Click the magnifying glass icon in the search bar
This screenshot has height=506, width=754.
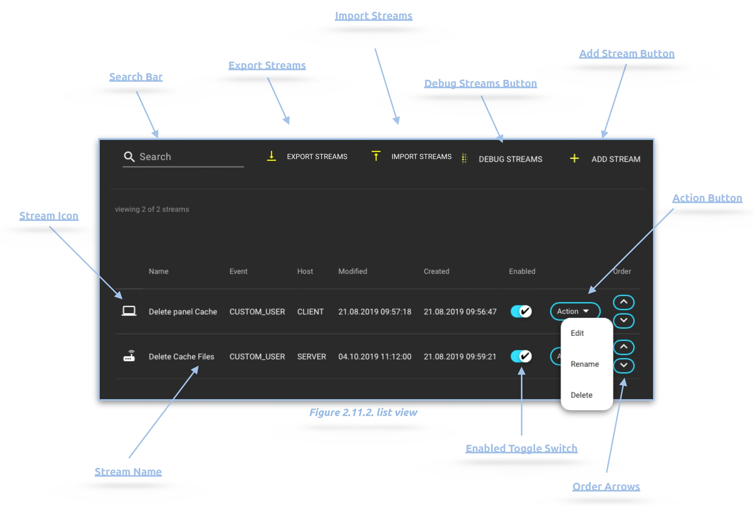point(129,157)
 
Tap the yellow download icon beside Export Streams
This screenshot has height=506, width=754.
point(271,156)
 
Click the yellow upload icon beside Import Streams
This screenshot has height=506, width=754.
point(376,156)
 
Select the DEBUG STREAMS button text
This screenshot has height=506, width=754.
point(510,159)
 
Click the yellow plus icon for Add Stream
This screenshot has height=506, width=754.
point(574,159)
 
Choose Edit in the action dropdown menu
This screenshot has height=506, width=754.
point(577,333)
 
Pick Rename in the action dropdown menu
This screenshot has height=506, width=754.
point(585,364)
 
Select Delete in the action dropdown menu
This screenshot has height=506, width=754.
point(582,395)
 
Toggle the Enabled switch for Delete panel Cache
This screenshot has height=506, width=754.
point(521,311)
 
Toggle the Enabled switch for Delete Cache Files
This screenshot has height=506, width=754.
point(521,356)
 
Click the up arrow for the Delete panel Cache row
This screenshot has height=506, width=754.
point(623,302)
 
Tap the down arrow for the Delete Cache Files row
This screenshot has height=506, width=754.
point(623,365)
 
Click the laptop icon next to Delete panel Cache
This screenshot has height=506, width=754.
point(129,311)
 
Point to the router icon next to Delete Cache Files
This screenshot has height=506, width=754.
point(129,356)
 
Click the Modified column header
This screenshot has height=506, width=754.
point(352,271)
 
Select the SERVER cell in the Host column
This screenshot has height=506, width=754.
point(311,356)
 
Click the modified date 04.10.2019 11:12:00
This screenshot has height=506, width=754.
point(375,356)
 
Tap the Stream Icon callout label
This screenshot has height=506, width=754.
point(49,216)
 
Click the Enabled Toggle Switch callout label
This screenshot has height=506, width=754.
point(521,448)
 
